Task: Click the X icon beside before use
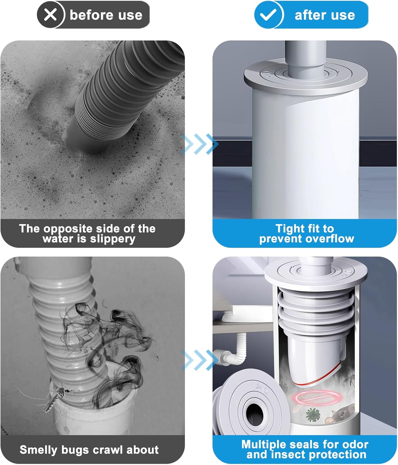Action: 50,15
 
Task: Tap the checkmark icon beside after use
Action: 268,15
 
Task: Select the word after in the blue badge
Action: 308,15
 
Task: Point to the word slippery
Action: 113,239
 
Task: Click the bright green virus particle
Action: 313,414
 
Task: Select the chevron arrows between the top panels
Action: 199,144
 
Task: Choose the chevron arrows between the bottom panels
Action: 199,360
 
